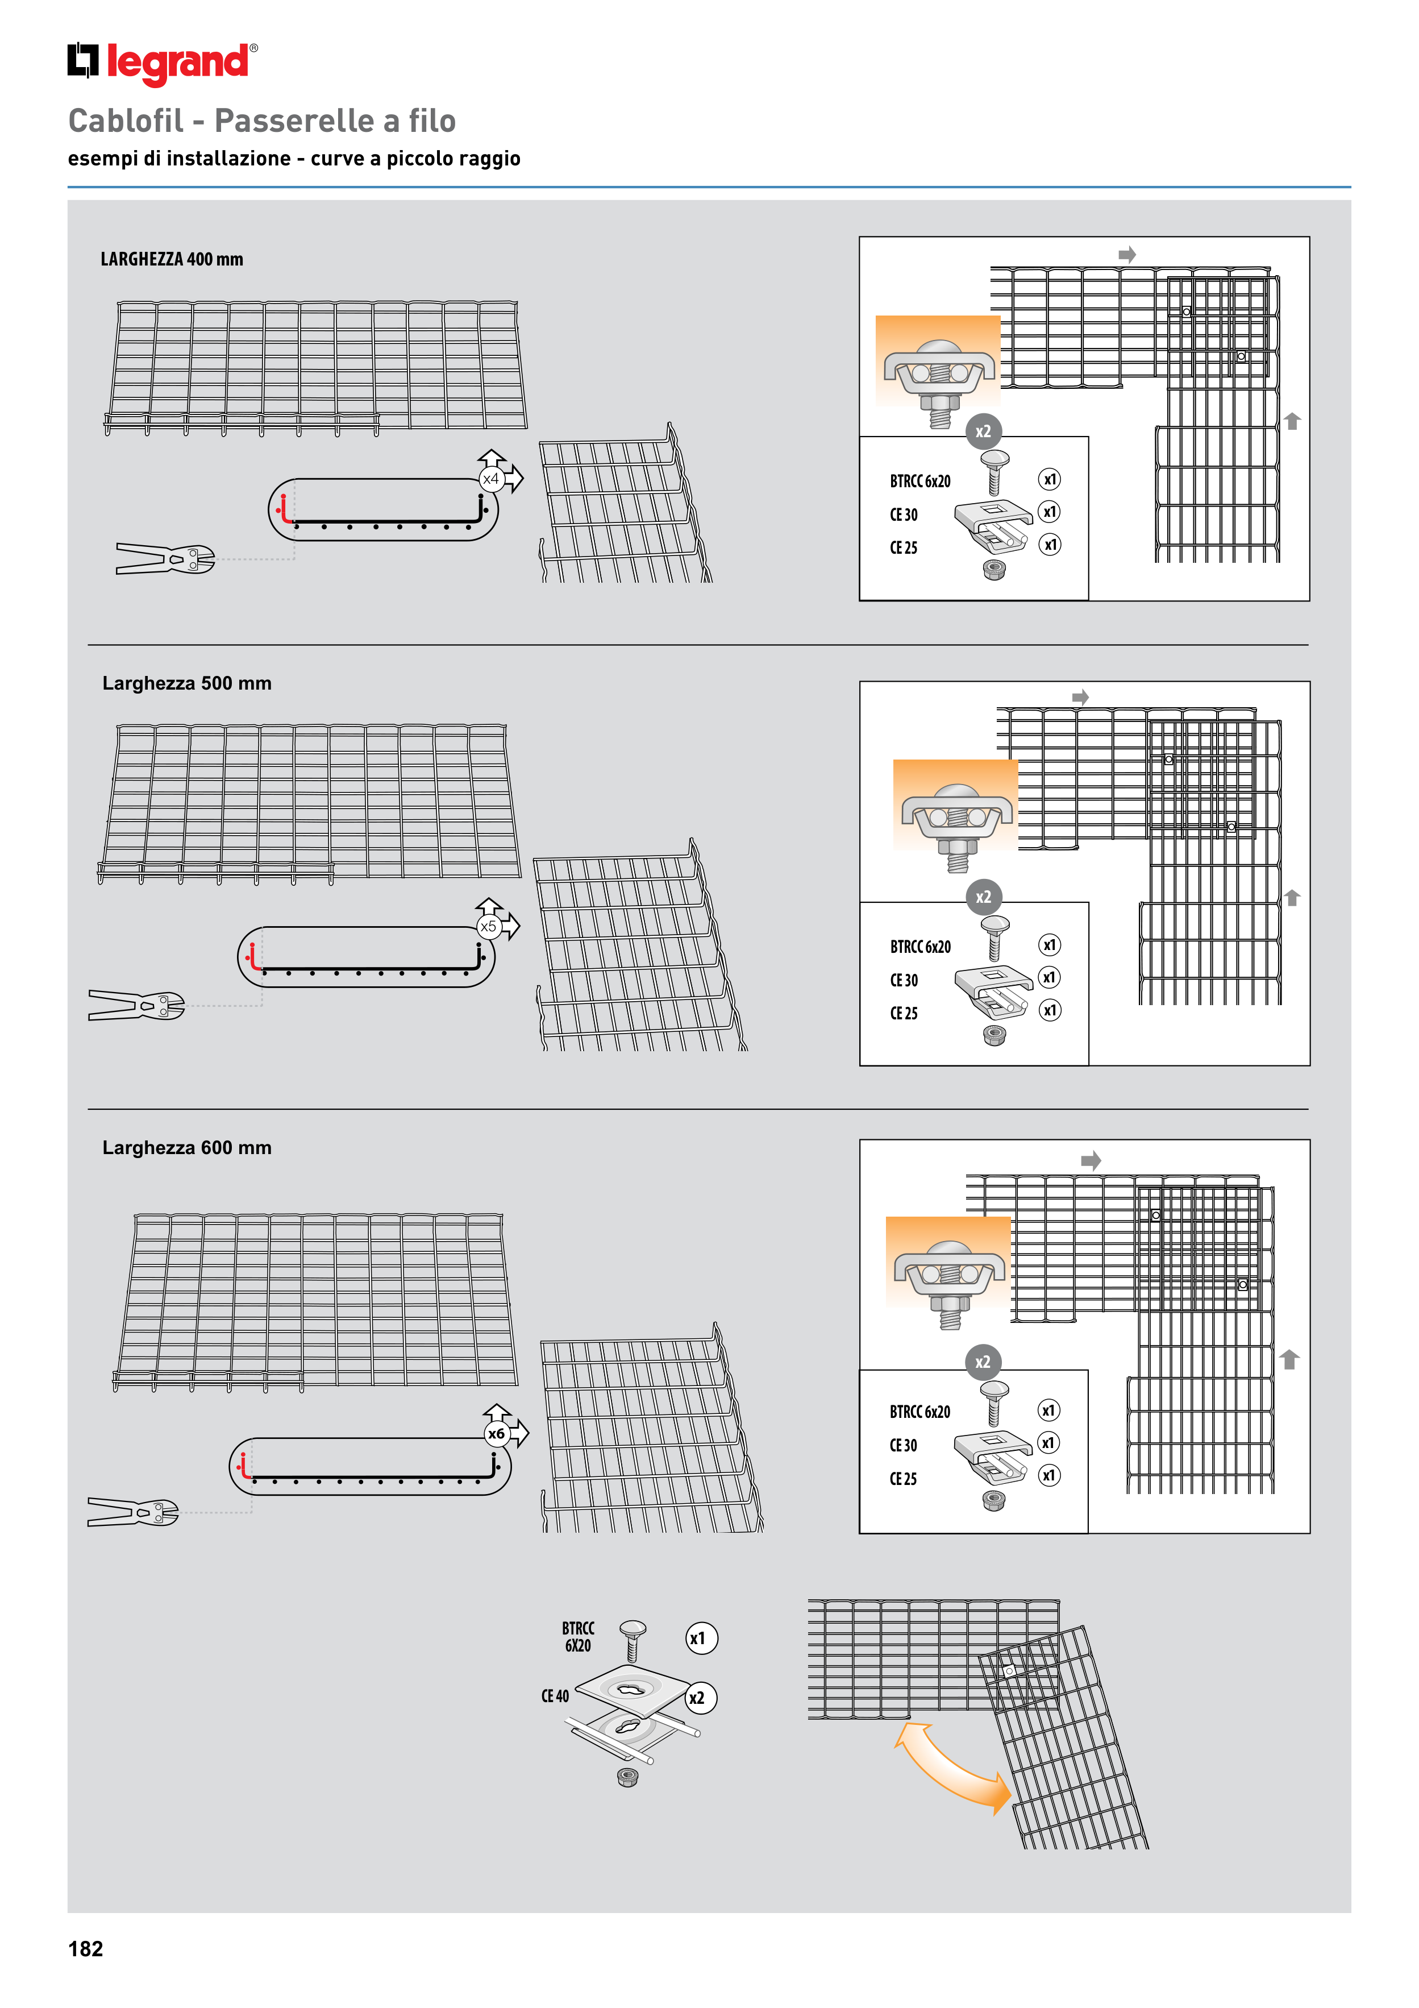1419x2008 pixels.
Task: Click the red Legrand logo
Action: pos(163,63)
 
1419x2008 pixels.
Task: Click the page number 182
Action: pos(86,1948)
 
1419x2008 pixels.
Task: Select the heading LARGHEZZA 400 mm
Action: pos(172,259)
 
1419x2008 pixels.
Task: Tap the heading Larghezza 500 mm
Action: pos(187,683)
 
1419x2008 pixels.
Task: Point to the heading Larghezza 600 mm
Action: pos(187,1147)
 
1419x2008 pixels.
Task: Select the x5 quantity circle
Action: pos(488,926)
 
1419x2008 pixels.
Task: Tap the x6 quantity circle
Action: pos(497,1433)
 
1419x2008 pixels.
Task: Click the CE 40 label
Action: pos(555,1696)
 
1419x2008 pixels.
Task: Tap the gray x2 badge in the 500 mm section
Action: pos(984,897)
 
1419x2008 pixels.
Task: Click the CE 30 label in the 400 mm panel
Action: pos(904,515)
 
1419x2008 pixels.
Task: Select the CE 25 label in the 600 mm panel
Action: pos(903,1479)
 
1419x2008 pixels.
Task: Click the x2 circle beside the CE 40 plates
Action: pos(697,1698)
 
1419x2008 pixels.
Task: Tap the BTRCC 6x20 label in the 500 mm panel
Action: pos(921,946)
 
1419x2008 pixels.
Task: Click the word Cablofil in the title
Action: pos(126,121)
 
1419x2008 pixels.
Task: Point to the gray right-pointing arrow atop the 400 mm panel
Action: pos(1127,255)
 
